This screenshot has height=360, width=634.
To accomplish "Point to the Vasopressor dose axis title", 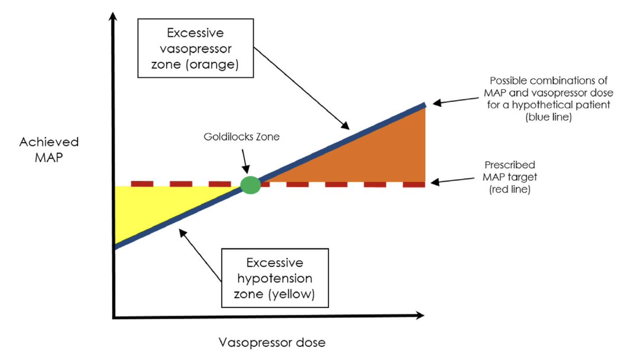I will (x=272, y=342).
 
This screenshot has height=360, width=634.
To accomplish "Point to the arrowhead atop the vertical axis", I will (x=112, y=17).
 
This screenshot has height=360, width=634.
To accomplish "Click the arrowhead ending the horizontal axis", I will (x=420, y=316).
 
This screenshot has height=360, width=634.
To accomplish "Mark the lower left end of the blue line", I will (x=115, y=246).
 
